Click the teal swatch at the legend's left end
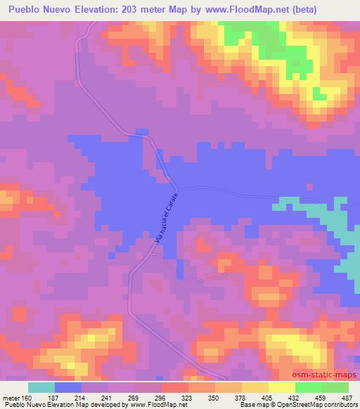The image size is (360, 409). coord(41,387)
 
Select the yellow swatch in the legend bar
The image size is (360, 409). coord(282,387)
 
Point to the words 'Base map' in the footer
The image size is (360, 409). coord(250,405)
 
